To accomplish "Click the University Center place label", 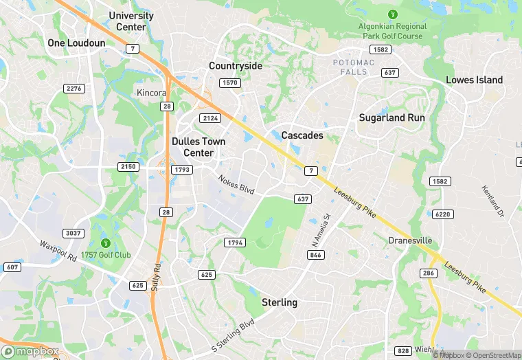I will (x=131, y=21).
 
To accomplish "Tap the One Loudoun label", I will (x=76, y=43).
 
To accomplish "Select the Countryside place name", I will (x=236, y=66).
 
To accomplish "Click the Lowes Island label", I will (x=474, y=80).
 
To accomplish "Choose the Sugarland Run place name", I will (x=391, y=117).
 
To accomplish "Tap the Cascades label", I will (x=302, y=135).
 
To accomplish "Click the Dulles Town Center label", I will (x=198, y=147).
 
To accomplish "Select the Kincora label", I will (x=152, y=93).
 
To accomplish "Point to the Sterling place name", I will (x=280, y=302).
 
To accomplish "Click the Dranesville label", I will (x=410, y=240).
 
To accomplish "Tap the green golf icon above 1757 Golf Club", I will (x=106, y=243).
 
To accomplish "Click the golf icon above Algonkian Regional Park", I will (x=393, y=14).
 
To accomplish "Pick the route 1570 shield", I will (x=229, y=83).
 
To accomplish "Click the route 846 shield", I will (x=316, y=255).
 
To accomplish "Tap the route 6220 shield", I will (x=444, y=214).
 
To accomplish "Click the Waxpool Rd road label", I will (x=57, y=251).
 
